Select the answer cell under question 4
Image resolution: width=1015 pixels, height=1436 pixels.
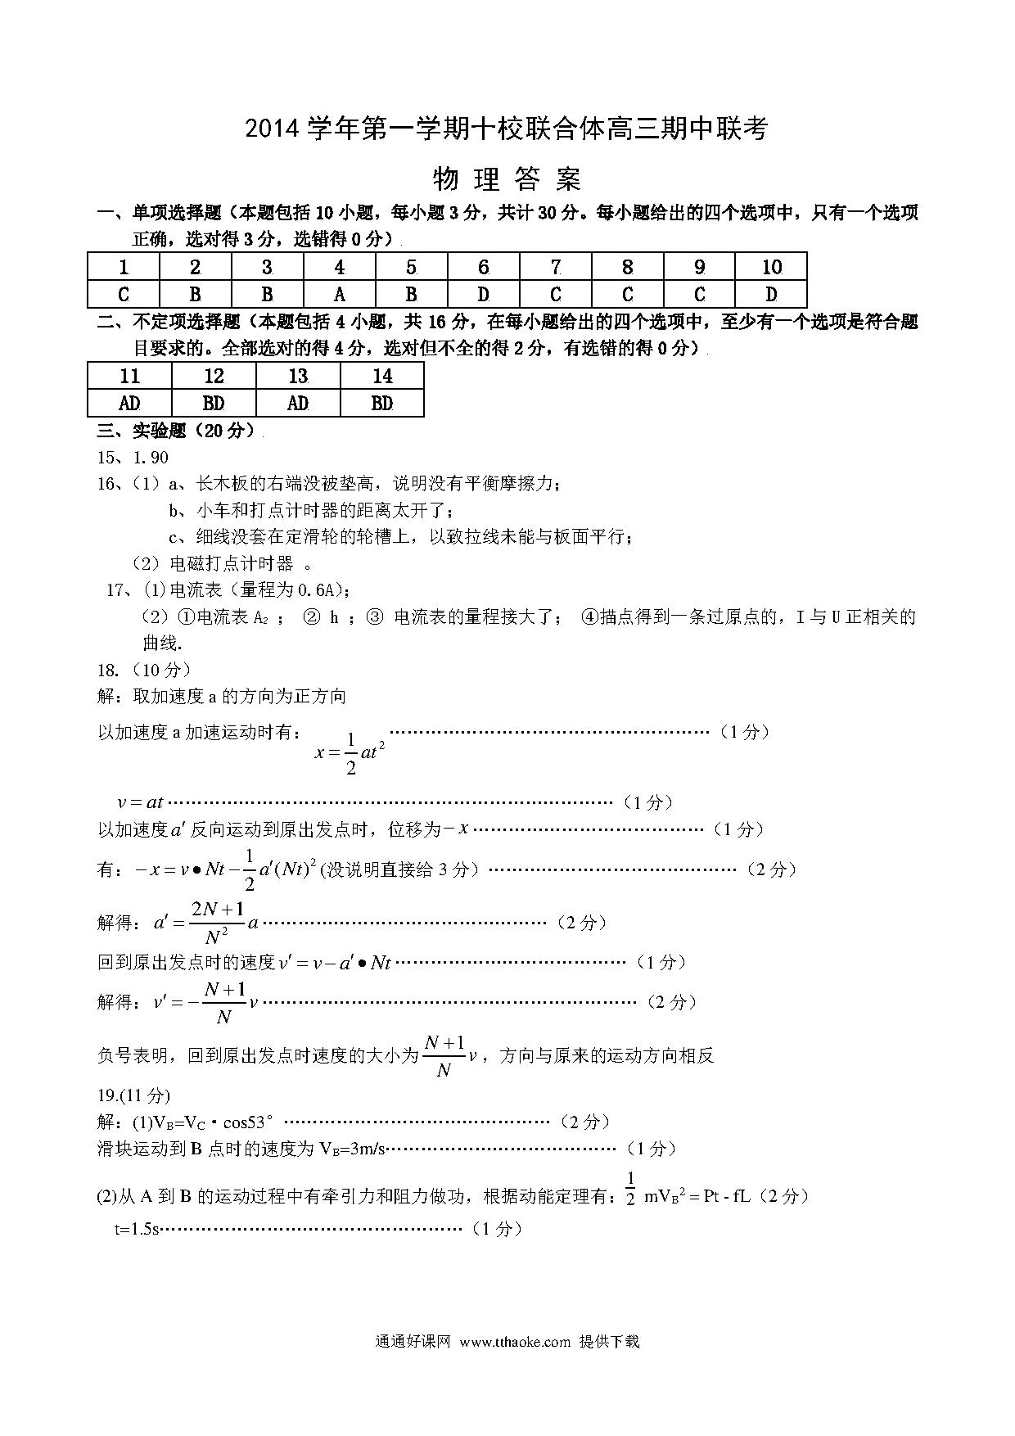coord(340,294)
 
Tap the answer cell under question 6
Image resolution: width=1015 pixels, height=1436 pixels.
coord(484,294)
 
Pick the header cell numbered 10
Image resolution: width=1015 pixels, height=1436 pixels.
coord(771,267)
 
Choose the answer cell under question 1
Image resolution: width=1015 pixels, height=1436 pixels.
coord(124,294)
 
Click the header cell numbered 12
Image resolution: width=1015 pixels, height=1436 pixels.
coord(214,376)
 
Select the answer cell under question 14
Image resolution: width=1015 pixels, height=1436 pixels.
coord(382,403)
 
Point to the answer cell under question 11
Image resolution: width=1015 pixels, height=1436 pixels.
coord(129,403)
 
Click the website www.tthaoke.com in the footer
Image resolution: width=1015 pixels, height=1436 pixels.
coord(515,1341)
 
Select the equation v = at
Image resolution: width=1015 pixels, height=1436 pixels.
coord(141,802)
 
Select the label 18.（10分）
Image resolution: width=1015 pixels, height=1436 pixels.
coord(144,670)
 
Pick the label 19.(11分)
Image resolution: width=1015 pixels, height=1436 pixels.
coord(133,1095)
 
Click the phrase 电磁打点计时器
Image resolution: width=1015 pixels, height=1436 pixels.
coord(231,563)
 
